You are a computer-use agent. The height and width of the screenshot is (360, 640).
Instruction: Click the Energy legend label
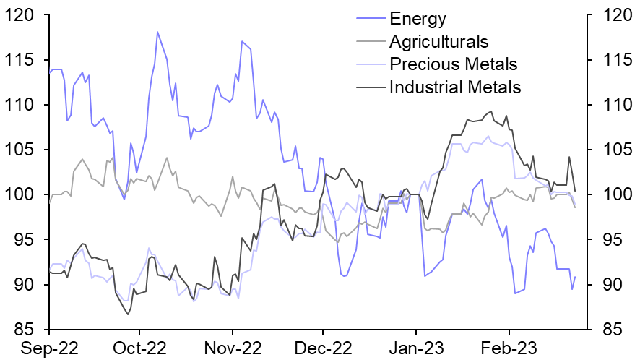(x=418, y=18)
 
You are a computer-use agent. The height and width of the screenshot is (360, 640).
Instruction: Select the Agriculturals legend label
(x=438, y=41)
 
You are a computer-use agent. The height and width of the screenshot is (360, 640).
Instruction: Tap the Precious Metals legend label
(x=453, y=64)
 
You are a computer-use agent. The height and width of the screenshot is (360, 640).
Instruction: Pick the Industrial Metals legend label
(x=454, y=87)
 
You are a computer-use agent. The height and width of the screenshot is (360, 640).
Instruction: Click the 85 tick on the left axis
(x=25, y=330)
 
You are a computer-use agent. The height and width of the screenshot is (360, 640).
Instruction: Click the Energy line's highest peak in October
(x=157, y=32)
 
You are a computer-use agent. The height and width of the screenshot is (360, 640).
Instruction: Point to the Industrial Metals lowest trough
(x=129, y=314)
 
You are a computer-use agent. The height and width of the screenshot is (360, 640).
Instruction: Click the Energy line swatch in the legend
(x=371, y=18)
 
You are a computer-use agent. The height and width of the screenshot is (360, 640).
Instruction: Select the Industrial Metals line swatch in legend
(x=371, y=87)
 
